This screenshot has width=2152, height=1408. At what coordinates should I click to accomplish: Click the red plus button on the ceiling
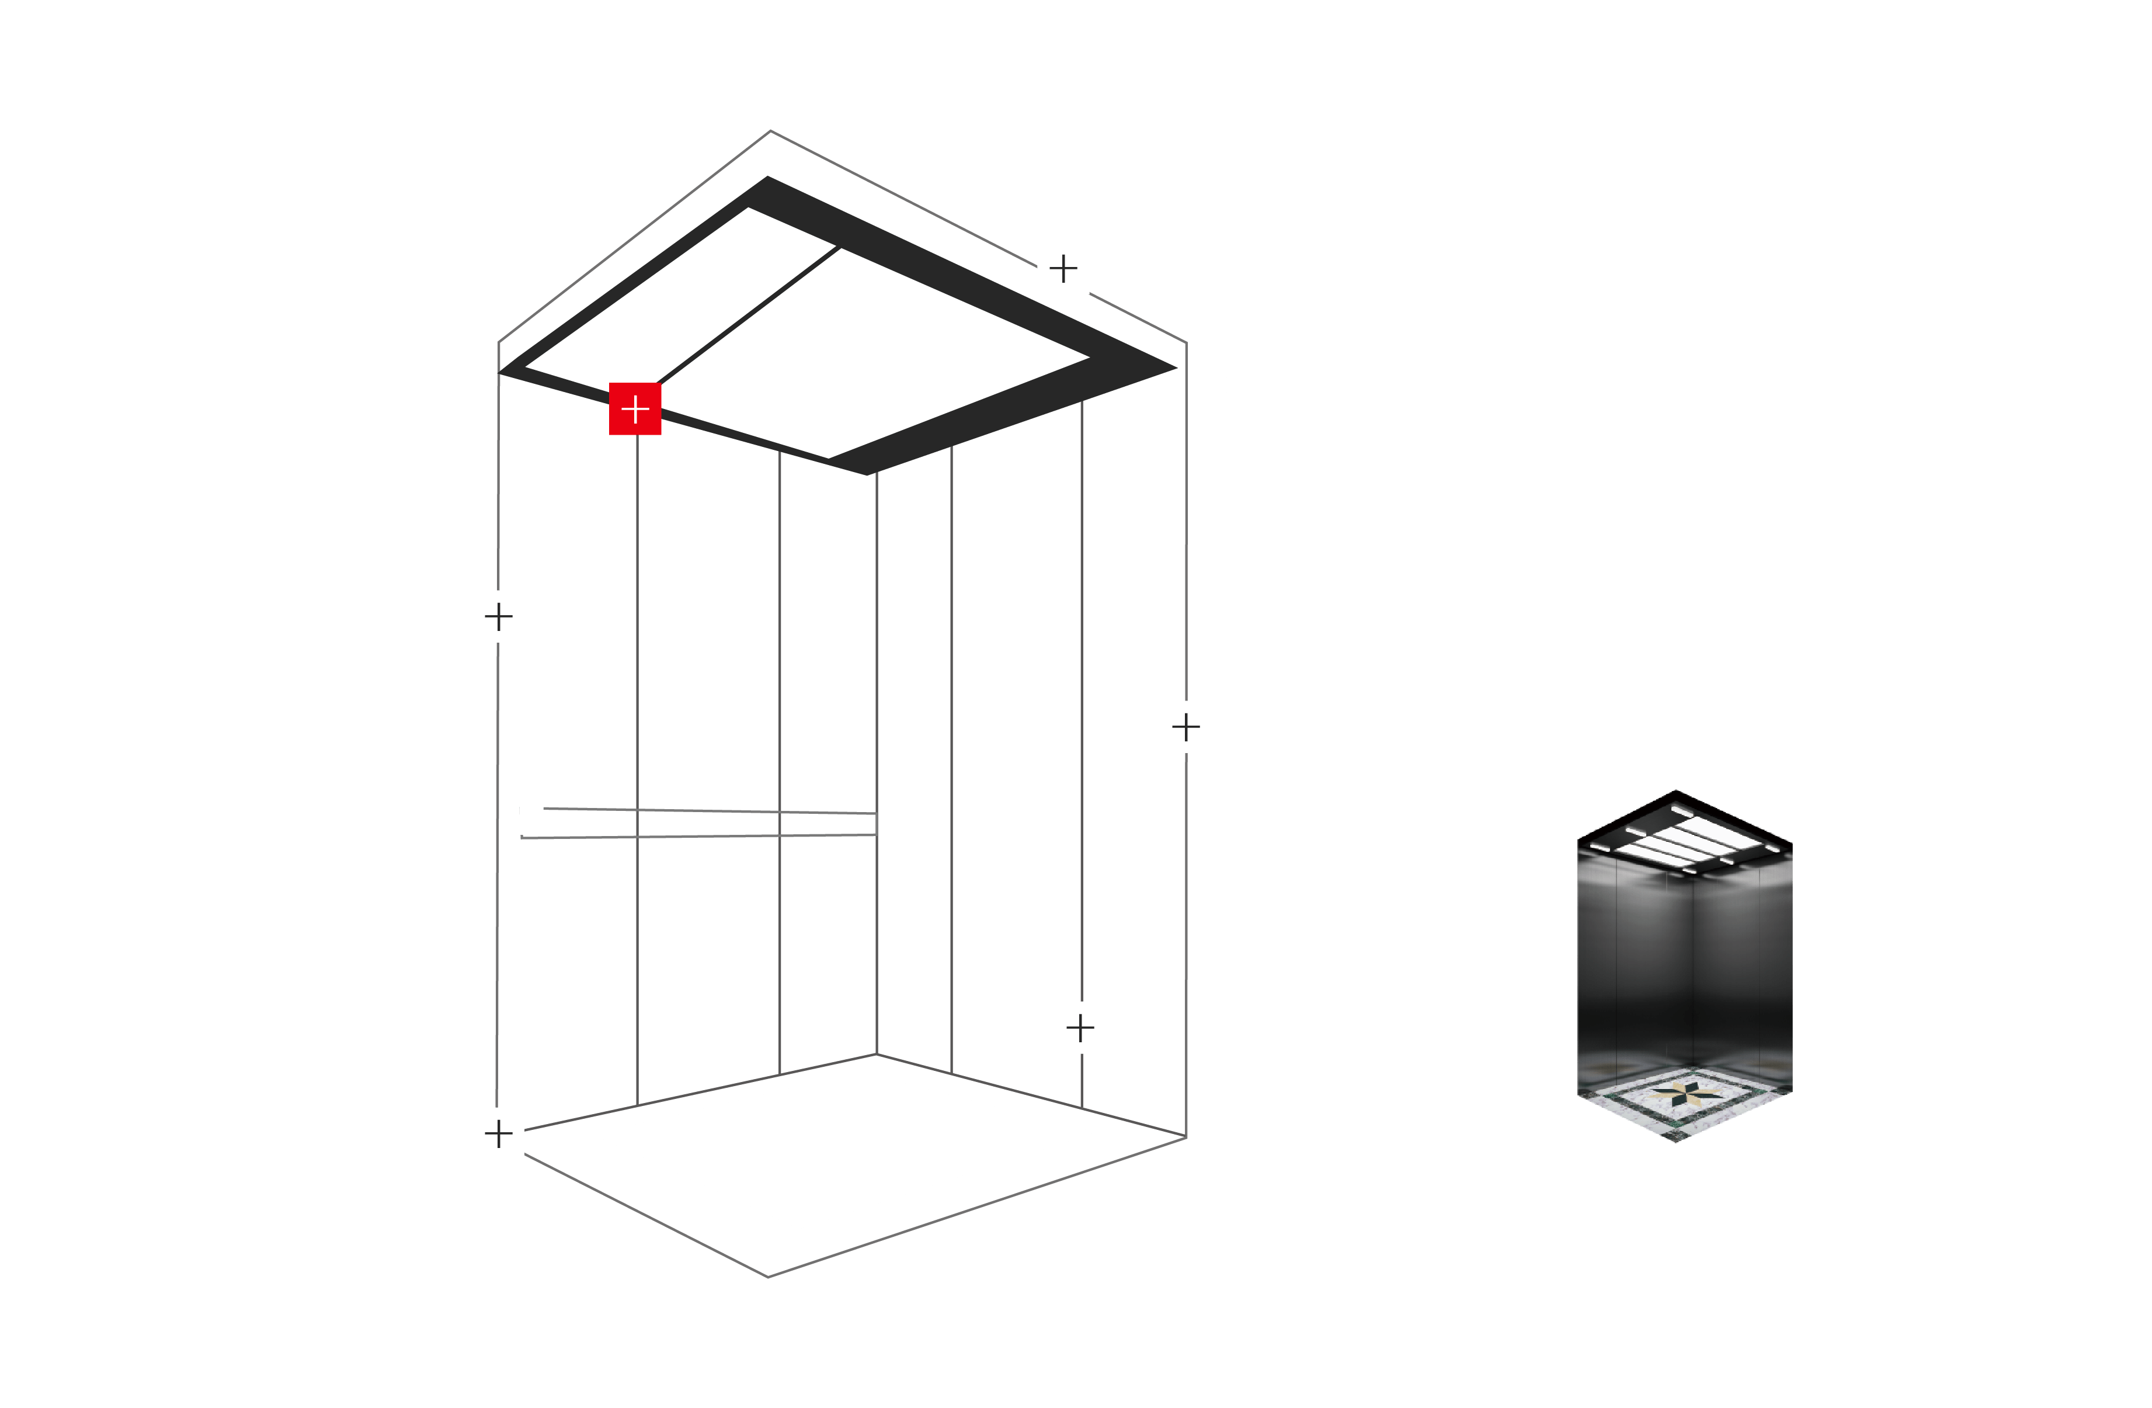(635, 409)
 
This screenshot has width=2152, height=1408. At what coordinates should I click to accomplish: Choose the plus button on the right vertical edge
(1185, 726)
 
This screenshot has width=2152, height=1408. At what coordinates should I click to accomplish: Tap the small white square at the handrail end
(531, 820)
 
